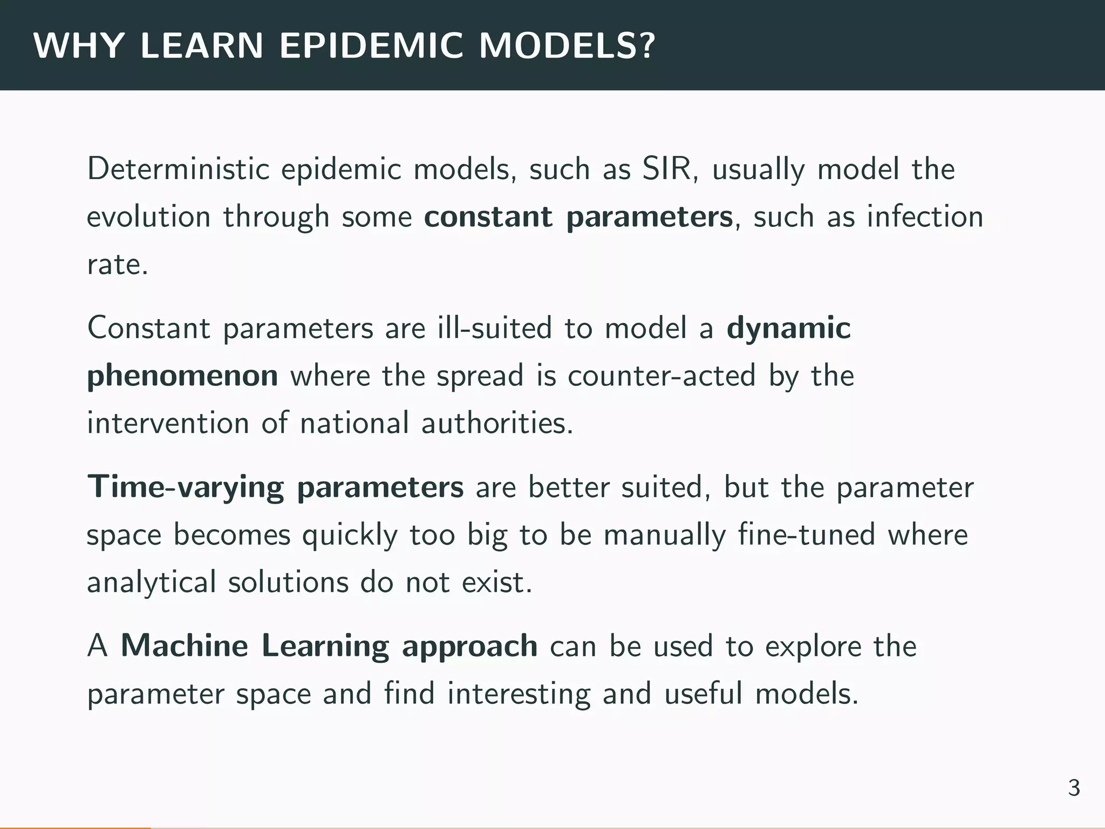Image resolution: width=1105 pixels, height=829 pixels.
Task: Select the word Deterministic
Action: (x=178, y=169)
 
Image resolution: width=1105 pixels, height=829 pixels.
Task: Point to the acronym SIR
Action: (x=667, y=169)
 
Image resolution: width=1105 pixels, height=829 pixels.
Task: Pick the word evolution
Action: (x=148, y=217)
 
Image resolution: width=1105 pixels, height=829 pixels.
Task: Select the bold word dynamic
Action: (x=788, y=329)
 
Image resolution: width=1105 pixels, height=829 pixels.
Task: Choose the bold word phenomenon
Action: (x=182, y=376)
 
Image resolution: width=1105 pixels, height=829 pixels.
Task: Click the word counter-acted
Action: (x=661, y=376)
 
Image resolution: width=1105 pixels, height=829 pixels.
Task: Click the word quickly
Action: (x=349, y=536)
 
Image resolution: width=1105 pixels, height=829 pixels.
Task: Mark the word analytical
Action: (x=151, y=583)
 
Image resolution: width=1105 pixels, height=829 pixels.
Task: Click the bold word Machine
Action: (x=184, y=646)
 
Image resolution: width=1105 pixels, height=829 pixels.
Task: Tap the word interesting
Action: (x=519, y=694)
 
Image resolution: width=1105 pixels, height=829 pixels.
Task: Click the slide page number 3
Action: (x=1074, y=789)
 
